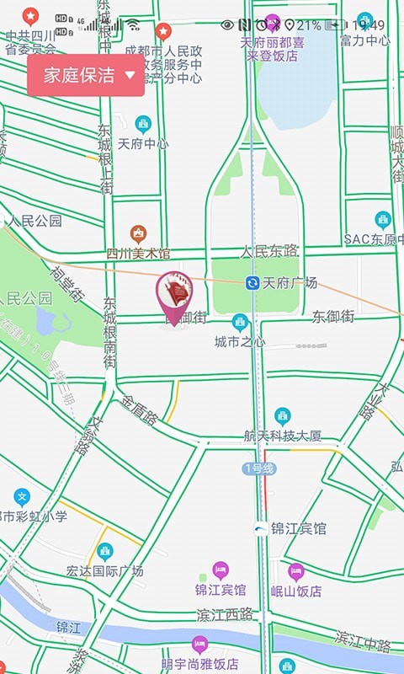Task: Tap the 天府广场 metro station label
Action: click(290, 282)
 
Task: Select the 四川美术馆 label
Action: click(138, 252)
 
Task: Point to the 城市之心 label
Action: click(240, 341)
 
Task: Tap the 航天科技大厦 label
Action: click(283, 435)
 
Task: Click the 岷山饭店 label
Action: click(296, 591)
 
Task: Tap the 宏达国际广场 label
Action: click(105, 570)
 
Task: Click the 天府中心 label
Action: click(142, 143)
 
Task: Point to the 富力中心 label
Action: click(364, 39)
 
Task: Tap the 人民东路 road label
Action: click(269, 250)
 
